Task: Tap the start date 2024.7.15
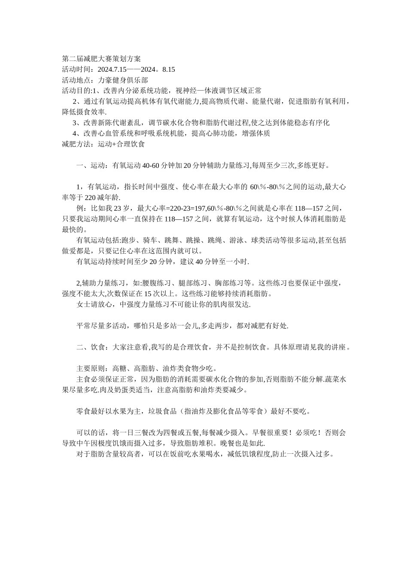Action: click(112, 69)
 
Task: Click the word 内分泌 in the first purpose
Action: click(129, 91)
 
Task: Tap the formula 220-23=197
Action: click(189, 208)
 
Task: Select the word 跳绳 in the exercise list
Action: click(214, 240)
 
